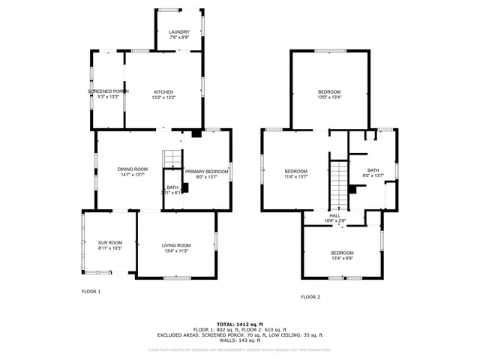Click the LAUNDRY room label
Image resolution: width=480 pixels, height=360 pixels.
tap(179, 32)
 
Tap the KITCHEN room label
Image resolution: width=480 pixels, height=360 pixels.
tap(163, 91)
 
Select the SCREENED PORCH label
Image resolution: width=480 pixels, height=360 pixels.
tap(108, 91)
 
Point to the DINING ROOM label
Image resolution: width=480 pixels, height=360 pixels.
tap(130, 169)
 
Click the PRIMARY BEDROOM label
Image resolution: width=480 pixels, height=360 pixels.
tap(206, 172)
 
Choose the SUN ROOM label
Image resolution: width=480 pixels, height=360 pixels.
tap(109, 242)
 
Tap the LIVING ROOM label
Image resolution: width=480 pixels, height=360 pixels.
tap(176, 245)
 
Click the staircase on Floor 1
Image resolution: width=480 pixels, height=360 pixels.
tap(173, 158)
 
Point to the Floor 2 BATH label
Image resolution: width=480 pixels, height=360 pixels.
tap(373, 170)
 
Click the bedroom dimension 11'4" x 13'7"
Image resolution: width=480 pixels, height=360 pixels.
tap(295, 177)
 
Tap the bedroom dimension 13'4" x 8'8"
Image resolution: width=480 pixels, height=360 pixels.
tap(342, 258)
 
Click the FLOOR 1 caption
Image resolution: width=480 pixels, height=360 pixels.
tap(91, 291)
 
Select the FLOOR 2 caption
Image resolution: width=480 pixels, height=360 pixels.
tap(310, 297)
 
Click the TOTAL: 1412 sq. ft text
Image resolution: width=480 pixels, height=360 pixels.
tap(239, 324)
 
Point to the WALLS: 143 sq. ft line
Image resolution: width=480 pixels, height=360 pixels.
tap(239, 340)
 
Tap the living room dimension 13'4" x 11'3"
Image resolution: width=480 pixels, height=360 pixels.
tap(176, 250)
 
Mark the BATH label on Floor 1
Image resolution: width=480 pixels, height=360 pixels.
tap(172, 187)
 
